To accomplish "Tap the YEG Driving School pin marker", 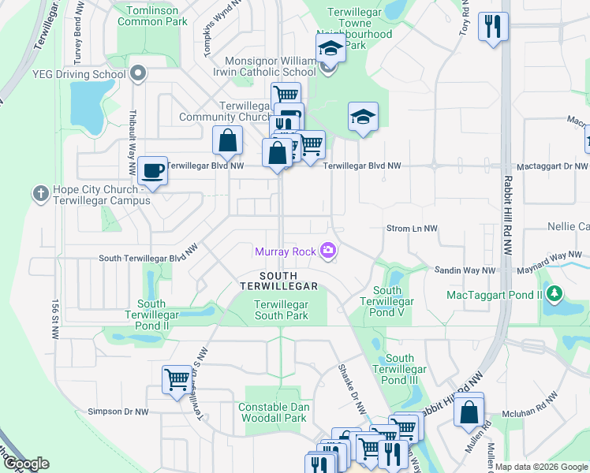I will pyautogui.click(x=139, y=75).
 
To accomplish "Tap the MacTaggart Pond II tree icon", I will pyautogui.click(x=555, y=295).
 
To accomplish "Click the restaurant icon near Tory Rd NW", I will pyautogui.click(x=493, y=27).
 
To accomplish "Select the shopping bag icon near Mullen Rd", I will pyautogui.click(x=469, y=411).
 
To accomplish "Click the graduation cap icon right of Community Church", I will pyautogui.click(x=363, y=117).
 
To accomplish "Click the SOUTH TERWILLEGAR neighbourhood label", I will pyautogui.click(x=278, y=280).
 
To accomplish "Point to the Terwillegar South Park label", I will pyautogui.click(x=281, y=310).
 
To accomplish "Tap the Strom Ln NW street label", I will pyautogui.click(x=411, y=229).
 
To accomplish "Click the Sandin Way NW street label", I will pyautogui.click(x=465, y=270).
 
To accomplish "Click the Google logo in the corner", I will pyautogui.click(x=26, y=464).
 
